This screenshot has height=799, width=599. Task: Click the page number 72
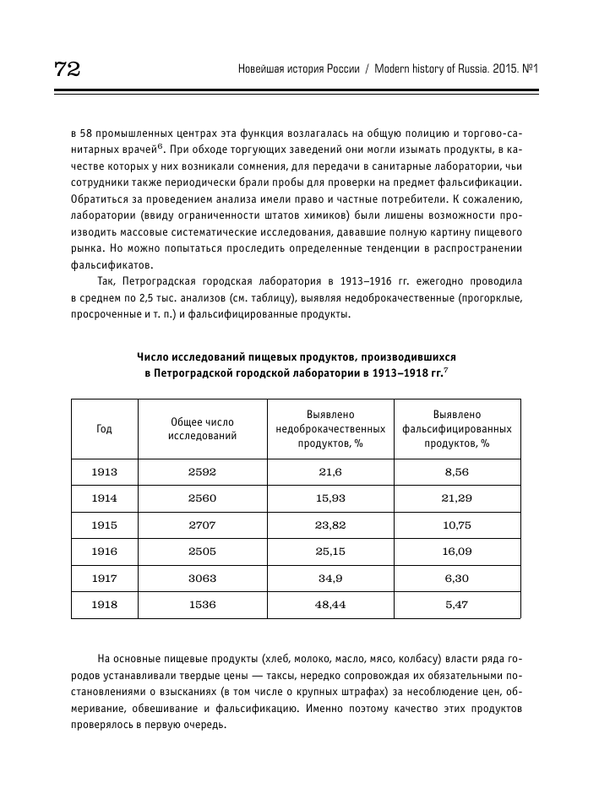[x=67, y=69]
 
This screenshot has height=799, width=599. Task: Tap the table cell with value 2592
[x=203, y=471]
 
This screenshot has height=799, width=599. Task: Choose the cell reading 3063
[x=203, y=579]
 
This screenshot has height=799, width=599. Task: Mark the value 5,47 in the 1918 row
[x=455, y=606]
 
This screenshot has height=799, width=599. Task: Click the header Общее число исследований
[x=203, y=428]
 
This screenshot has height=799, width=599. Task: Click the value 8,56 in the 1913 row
[x=455, y=471]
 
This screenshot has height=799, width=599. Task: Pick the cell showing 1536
[x=203, y=606]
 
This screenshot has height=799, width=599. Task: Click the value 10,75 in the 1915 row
[x=455, y=525]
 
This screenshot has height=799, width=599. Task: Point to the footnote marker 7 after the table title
[x=446, y=369]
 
